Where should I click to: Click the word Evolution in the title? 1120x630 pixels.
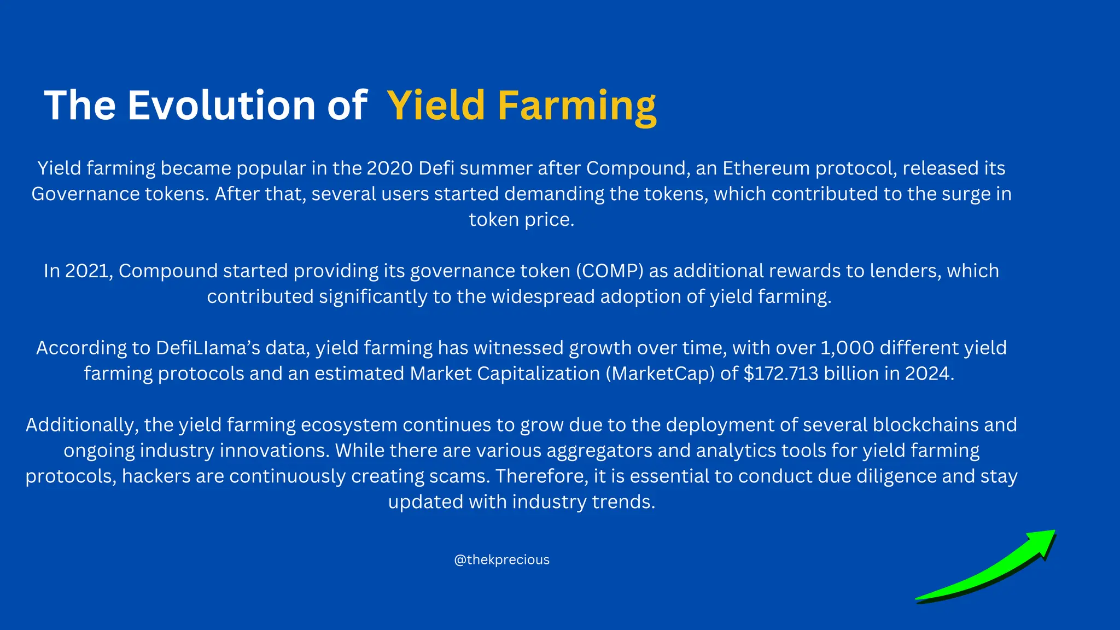coord(221,105)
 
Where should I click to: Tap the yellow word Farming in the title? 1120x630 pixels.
coord(576,106)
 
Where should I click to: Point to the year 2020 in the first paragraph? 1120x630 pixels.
coord(389,168)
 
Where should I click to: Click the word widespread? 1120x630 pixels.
coord(542,297)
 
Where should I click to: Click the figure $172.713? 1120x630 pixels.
coord(781,374)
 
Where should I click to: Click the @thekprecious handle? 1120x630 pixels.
coord(501,560)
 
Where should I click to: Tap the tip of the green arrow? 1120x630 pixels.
coord(1054,531)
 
